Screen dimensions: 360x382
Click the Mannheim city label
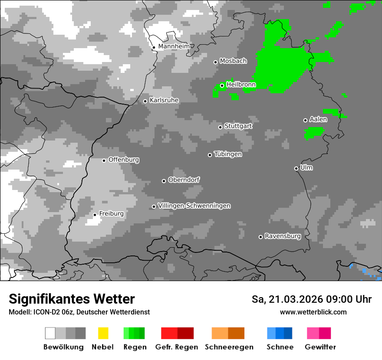tap(174, 46)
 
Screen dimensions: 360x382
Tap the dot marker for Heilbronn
tap(222, 85)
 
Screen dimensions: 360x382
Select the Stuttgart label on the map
tap(238, 126)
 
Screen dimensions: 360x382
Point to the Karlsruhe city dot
tap(145, 101)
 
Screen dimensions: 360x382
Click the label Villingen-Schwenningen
tap(194, 206)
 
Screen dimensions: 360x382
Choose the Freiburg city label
tap(111, 213)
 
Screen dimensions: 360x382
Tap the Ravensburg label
tap(283, 236)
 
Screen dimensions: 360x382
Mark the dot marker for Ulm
tap(296, 168)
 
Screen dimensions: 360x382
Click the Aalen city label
tap(318, 119)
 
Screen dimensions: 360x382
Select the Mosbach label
tap(233, 61)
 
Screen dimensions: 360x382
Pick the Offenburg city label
tap(124, 160)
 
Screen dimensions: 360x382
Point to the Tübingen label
tap(228, 154)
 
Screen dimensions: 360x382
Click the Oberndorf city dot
tap(164, 181)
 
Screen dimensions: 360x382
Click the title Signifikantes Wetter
tap(72, 299)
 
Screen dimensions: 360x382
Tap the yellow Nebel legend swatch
tap(103, 333)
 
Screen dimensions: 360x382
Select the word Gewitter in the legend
tap(320, 347)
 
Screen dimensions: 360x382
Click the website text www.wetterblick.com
tap(313, 312)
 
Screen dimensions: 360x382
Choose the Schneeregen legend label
tap(229, 347)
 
